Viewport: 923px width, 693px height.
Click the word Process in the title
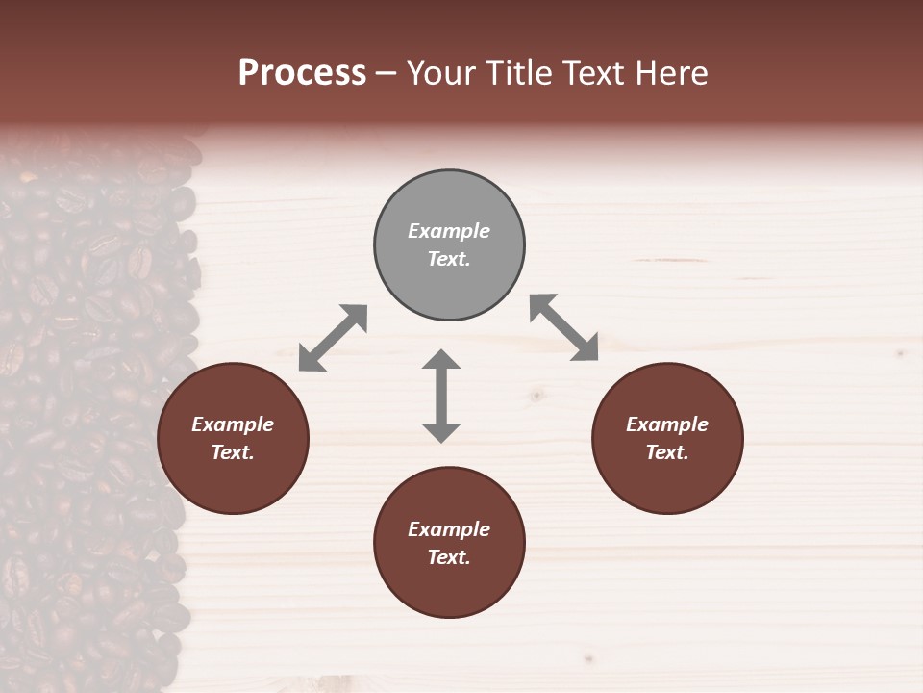(x=302, y=73)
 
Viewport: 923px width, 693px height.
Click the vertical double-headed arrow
(x=441, y=396)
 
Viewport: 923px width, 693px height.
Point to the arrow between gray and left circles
(x=333, y=337)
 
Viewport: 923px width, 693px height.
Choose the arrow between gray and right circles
(x=563, y=327)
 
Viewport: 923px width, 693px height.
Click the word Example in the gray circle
(x=449, y=231)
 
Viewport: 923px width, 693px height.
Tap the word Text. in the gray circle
(x=449, y=259)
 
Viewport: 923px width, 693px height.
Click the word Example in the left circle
(x=233, y=424)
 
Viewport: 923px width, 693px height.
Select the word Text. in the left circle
(x=233, y=452)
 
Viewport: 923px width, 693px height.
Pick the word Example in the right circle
(x=667, y=424)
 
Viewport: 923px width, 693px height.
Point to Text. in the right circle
(x=667, y=452)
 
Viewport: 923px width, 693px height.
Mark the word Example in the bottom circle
(x=449, y=529)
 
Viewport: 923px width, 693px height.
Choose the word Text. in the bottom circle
(x=449, y=557)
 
